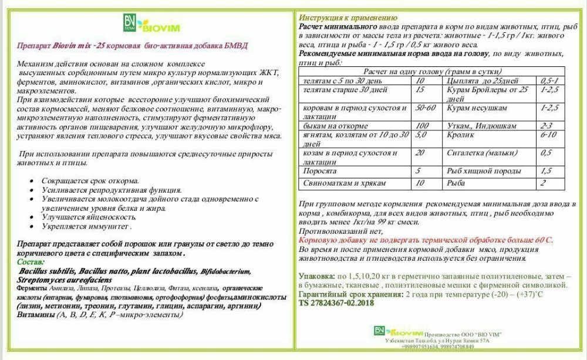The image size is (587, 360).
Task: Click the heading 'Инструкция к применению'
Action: click(348, 18)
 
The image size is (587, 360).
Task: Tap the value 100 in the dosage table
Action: click(422, 126)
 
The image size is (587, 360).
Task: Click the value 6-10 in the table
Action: click(548, 135)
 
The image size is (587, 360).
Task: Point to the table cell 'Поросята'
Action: click(319, 171)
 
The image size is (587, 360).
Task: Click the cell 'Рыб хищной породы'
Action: click(484, 171)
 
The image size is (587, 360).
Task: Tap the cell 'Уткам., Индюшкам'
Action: click(481, 126)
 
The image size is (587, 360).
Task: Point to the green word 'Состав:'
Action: click(31, 261)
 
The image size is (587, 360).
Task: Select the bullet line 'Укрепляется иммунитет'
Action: click(86, 227)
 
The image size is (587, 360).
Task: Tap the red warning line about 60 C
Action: click(426, 240)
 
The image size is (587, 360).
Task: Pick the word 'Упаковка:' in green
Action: click(317, 276)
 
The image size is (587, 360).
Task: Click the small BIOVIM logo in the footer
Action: click(391, 332)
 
